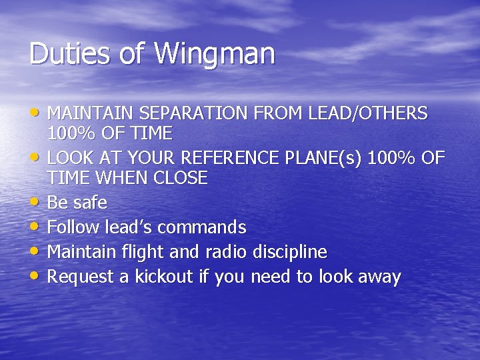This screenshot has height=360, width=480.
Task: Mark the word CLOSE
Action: (180, 178)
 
